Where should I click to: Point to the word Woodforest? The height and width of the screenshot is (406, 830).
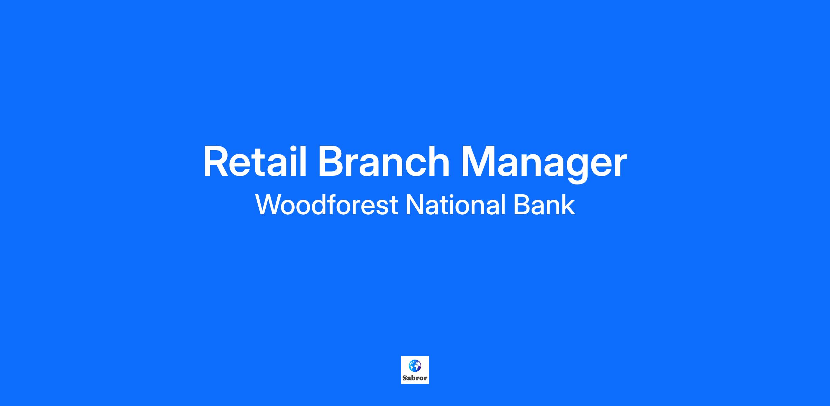tap(326, 204)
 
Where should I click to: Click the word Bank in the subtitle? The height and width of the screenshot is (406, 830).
tap(544, 204)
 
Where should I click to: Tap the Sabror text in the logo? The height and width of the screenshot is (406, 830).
tap(415, 378)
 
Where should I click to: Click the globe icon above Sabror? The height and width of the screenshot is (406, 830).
tap(415, 366)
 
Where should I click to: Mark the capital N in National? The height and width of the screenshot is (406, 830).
tap(415, 204)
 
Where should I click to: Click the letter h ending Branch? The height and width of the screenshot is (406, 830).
tap(438, 161)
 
